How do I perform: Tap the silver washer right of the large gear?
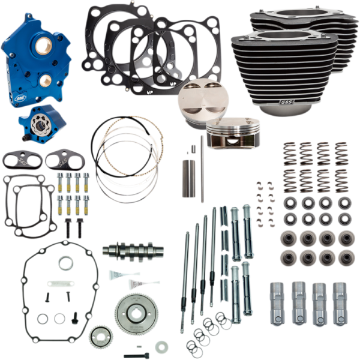(160, 347)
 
